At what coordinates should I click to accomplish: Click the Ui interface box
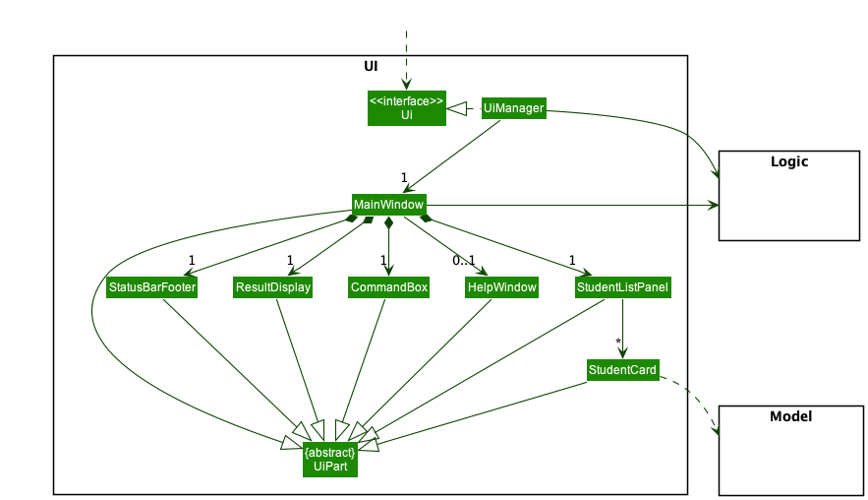point(407,108)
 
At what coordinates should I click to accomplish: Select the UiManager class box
point(513,108)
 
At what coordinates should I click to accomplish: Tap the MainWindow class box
point(388,205)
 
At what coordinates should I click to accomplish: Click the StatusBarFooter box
point(151,287)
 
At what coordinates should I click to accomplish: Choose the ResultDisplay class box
point(272,287)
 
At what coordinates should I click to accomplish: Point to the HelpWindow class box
point(501,287)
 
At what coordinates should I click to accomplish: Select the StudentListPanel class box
point(623,287)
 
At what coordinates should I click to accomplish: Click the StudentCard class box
point(622,370)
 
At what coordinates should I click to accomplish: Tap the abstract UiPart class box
point(329,459)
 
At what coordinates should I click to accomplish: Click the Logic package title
point(788,161)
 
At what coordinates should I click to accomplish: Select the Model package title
point(790,416)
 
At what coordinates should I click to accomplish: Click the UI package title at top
point(371,66)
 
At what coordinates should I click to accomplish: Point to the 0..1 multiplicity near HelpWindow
point(463,261)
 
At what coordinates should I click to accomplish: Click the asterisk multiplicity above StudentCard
point(618,342)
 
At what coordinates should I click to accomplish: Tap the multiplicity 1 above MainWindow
point(403,177)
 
